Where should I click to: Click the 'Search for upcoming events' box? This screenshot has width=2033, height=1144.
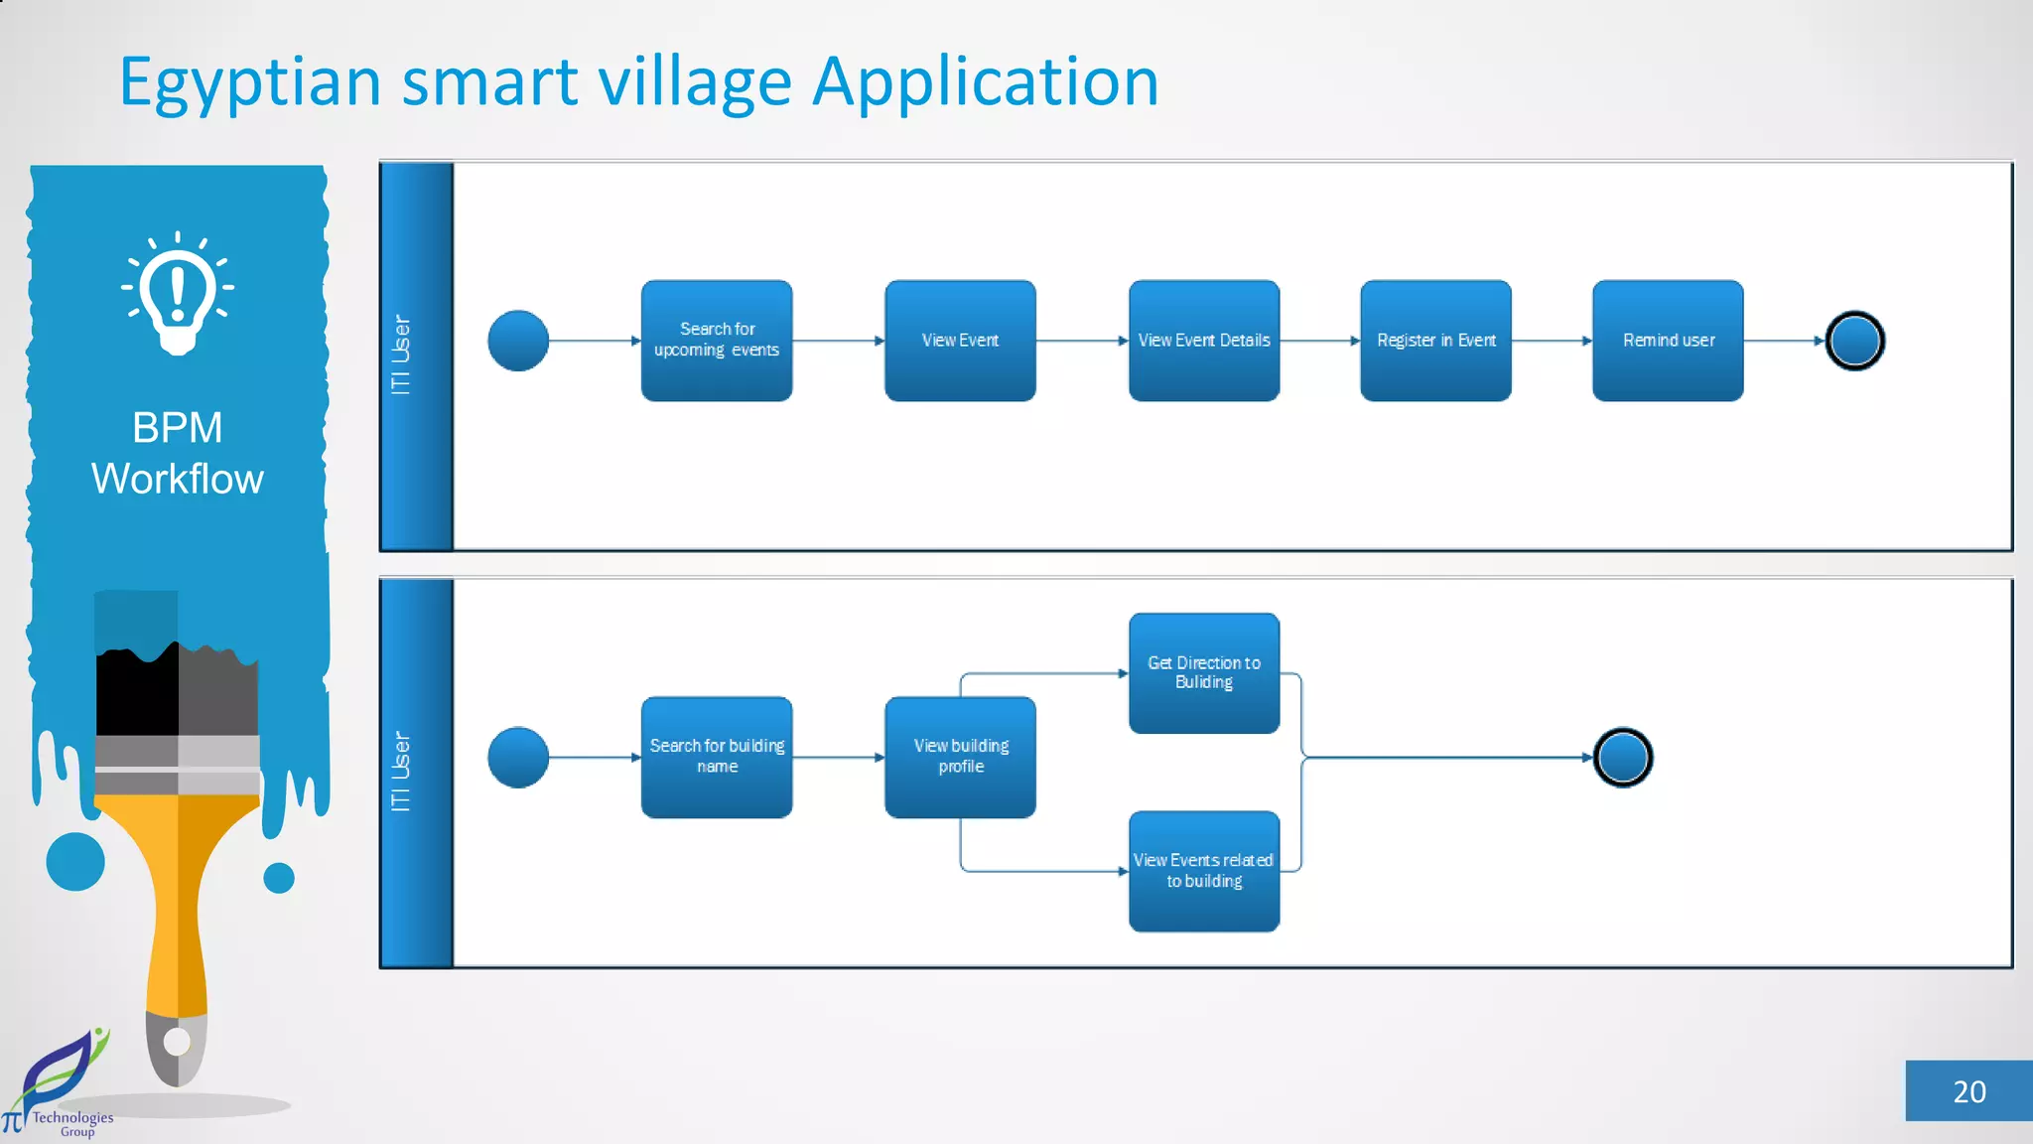pos(716,340)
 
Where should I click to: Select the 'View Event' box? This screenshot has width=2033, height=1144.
pos(960,340)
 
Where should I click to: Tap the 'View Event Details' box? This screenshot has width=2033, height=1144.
pos(1203,340)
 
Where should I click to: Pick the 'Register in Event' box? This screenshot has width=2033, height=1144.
pos(1435,340)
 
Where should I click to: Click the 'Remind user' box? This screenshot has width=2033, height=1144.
pos(1668,340)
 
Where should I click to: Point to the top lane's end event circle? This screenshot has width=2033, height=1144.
pos(1854,341)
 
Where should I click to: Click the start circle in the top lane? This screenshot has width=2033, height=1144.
pos(518,341)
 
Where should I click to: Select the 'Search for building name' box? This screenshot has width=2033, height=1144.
pos(716,757)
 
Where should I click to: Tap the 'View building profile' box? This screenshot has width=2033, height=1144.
pos(960,757)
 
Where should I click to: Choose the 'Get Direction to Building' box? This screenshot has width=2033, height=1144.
pos(1203,672)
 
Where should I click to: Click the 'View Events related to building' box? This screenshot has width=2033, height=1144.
pos(1203,871)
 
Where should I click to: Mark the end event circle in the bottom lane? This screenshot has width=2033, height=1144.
pos(1622,758)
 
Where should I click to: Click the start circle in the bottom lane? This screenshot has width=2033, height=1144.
pos(518,758)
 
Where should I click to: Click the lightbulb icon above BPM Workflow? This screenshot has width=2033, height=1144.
pos(178,293)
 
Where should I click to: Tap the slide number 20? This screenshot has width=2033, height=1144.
pos(1968,1091)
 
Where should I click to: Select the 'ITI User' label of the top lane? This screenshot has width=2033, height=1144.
pos(401,355)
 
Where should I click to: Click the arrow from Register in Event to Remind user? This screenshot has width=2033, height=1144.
pos(1552,341)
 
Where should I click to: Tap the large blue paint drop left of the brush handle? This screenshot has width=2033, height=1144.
pos(75,861)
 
